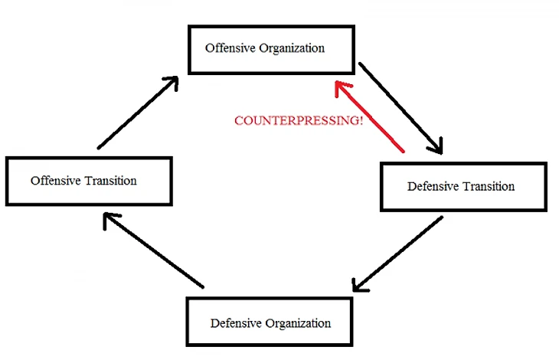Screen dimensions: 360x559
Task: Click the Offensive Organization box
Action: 271,49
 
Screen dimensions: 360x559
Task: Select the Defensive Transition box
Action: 463,186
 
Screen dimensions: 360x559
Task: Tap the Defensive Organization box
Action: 270,322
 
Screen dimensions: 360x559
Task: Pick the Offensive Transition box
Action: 88,181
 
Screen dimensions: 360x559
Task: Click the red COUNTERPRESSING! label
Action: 299,121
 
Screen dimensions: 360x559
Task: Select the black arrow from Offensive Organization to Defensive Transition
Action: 400,106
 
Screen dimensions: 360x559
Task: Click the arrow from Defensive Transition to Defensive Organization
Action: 399,255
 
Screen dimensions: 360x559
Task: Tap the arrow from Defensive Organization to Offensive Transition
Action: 153,250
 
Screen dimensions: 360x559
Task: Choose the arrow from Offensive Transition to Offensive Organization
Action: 139,111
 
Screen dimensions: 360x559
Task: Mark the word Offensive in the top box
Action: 229,48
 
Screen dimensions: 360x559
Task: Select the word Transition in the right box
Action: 489,186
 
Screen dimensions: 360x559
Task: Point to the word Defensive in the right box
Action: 433,186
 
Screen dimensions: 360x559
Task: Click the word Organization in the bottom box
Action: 299,323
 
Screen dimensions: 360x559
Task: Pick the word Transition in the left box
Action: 111,181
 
